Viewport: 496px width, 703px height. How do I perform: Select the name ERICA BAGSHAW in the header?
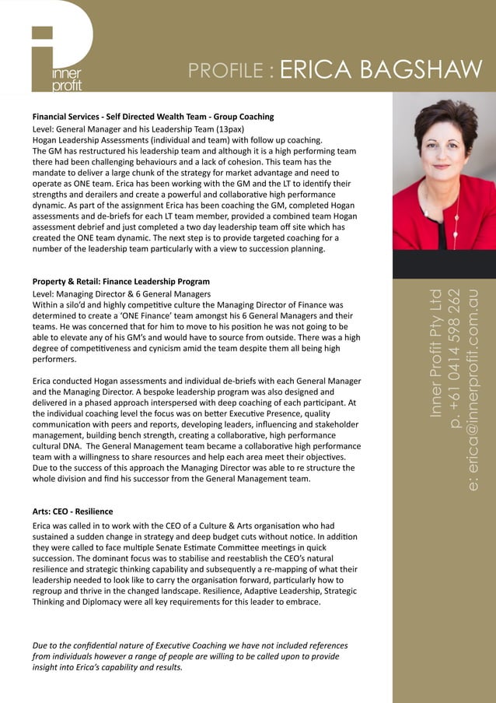point(381,70)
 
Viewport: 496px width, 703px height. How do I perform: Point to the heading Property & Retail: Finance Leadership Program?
point(121,281)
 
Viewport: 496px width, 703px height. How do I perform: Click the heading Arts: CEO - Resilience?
point(72,511)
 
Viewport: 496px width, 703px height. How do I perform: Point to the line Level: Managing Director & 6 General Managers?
point(121,294)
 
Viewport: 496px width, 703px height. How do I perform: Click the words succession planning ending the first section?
point(268,249)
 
